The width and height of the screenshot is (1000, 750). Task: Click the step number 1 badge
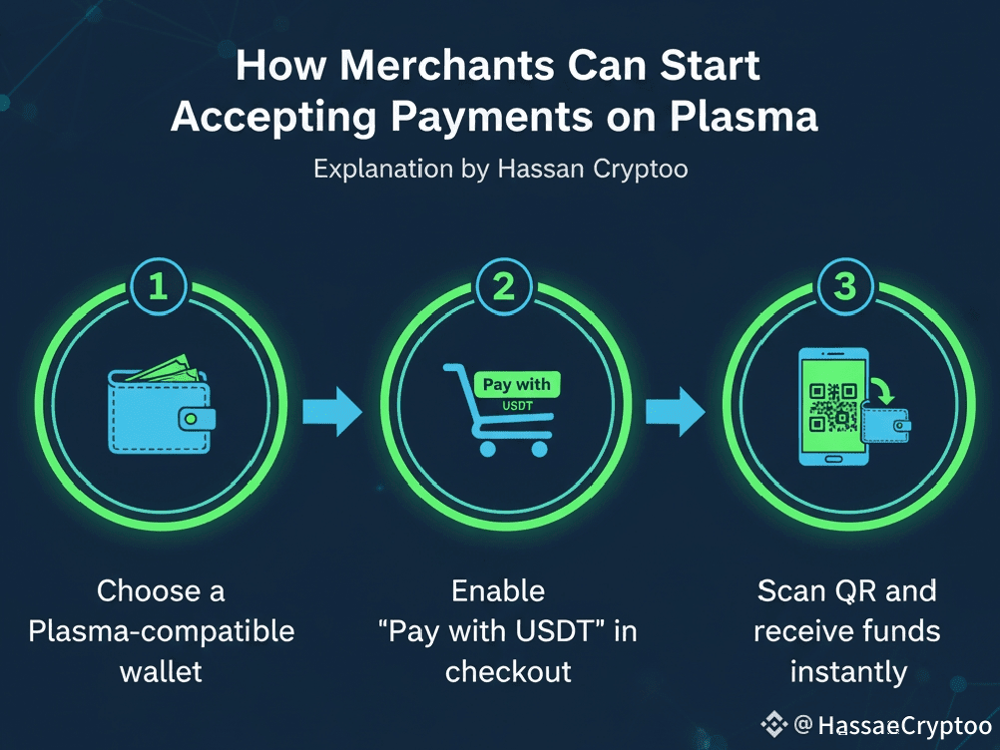(158, 287)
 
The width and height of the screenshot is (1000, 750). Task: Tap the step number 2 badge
(503, 287)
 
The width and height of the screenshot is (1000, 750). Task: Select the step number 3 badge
(844, 287)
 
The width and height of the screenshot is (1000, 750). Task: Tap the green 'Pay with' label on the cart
(516, 384)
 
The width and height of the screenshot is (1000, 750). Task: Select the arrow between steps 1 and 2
(333, 411)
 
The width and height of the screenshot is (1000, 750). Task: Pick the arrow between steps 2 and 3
(676, 411)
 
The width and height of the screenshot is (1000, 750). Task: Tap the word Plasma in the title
(744, 117)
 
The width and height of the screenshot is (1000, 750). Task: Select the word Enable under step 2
(498, 590)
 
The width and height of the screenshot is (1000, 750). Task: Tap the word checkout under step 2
(508, 671)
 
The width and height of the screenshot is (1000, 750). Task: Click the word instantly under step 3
(847, 671)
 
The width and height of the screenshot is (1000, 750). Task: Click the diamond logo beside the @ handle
(773, 724)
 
